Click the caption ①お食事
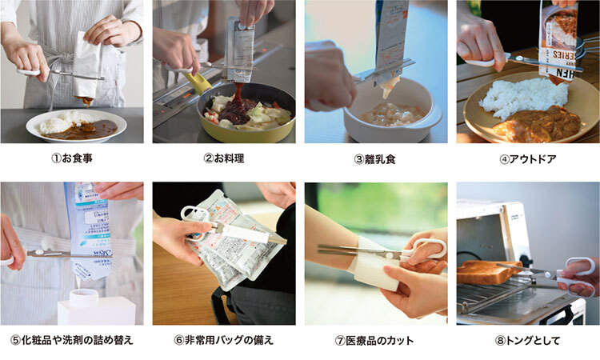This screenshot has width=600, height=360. tap(72, 158)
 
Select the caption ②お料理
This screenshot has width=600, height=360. tap(224, 158)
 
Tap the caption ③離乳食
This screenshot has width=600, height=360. tap(375, 159)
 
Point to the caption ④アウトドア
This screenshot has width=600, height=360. tap(528, 159)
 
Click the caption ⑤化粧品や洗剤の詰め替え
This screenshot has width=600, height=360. tap(72, 340)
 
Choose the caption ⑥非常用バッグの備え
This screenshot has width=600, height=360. tap(224, 340)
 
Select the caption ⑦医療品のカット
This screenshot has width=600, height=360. tap(374, 341)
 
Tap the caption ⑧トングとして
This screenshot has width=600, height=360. tap(528, 341)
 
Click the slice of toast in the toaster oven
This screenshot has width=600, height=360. tap(486, 272)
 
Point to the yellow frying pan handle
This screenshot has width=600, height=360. tap(198, 83)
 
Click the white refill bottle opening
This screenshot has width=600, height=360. tap(85, 294)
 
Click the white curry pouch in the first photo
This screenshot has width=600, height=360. tap(88, 66)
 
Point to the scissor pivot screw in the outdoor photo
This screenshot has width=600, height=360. tap(520, 58)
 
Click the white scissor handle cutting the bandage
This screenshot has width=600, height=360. tap(425, 250)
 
